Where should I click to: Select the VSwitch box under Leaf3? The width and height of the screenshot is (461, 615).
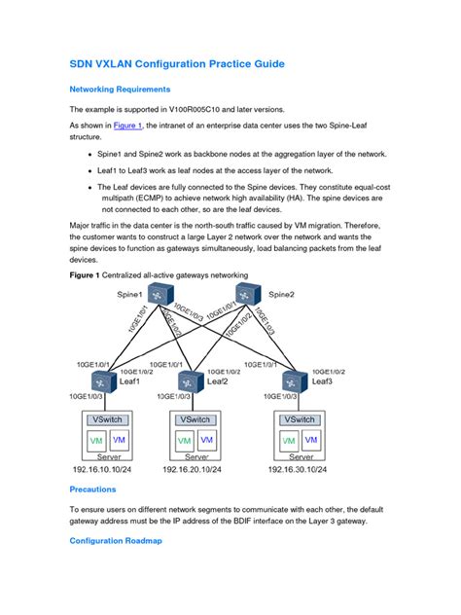(300, 419)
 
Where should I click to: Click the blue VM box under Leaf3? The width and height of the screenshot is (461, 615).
(312, 440)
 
